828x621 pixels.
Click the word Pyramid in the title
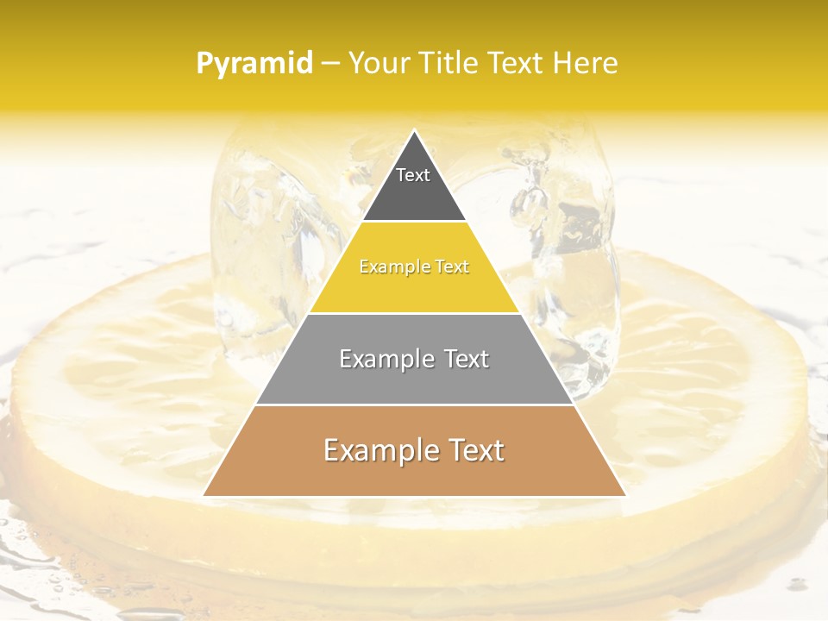(254, 64)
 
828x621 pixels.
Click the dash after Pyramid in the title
(329, 64)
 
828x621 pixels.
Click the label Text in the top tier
(413, 175)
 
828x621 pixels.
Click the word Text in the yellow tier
(453, 267)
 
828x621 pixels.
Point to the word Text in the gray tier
(467, 359)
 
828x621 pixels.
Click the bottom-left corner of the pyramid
(204, 495)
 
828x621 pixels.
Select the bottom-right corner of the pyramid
(624, 495)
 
